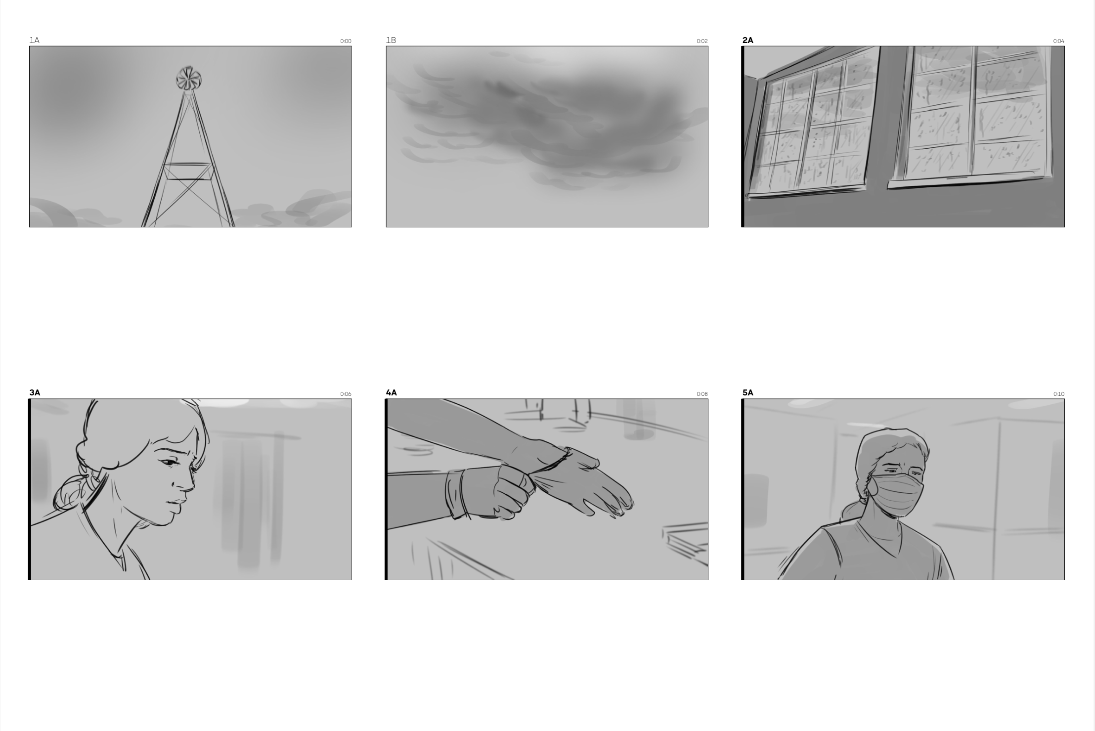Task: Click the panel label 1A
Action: pyautogui.click(x=34, y=40)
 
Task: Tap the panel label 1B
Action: pyautogui.click(x=391, y=40)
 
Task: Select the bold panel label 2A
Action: pyautogui.click(x=747, y=40)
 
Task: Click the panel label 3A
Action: pyautogui.click(x=35, y=392)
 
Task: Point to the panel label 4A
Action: pyautogui.click(x=391, y=392)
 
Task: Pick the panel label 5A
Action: pyautogui.click(x=747, y=392)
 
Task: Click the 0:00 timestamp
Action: pyautogui.click(x=346, y=42)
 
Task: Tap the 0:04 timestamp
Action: pyautogui.click(x=1058, y=42)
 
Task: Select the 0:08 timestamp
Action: pyautogui.click(x=702, y=394)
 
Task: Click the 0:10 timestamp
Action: pyautogui.click(x=1058, y=394)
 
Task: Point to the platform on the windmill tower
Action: pyautogui.click(x=188, y=171)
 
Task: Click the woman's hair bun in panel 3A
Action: pyautogui.click(x=72, y=492)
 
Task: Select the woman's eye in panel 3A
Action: pyautogui.click(x=170, y=463)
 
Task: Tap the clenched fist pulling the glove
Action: pyautogui.click(x=509, y=492)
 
